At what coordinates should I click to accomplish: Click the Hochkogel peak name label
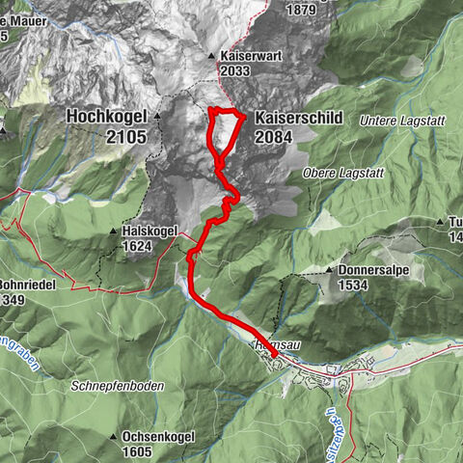click(106, 117)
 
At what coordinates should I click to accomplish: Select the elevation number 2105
click(127, 137)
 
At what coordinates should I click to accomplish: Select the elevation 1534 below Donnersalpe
click(354, 286)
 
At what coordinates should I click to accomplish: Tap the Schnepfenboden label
click(117, 386)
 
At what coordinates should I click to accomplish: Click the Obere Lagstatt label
click(343, 173)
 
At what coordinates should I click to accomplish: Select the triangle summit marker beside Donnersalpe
click(330, 271)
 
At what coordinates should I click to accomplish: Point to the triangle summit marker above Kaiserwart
click(212, 56)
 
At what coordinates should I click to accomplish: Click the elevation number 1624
click(137, 246)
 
